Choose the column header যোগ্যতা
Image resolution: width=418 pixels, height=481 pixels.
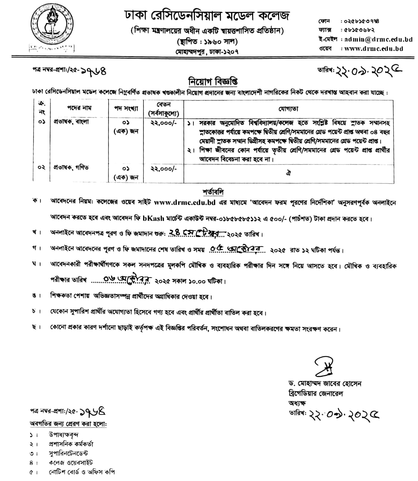tap(288, 109)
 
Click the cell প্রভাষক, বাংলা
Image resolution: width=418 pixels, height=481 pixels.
tap(71, 122)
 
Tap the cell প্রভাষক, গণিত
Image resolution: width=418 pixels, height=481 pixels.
tap(71, 167)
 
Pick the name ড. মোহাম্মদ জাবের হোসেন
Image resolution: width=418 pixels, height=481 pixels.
tap(324, 384)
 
